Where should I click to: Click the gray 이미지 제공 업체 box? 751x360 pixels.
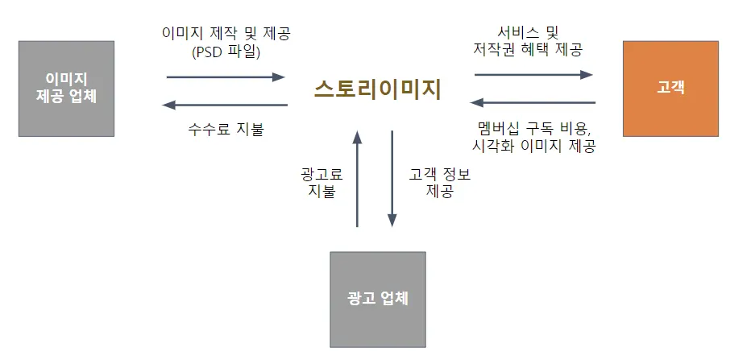click(66, 89)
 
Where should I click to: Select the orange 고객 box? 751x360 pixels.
click(670, 89)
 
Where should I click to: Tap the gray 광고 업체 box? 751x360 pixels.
click(378, 299)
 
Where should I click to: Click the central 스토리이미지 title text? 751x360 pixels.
click(378, 89)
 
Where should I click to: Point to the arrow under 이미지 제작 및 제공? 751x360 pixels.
click(226, 77)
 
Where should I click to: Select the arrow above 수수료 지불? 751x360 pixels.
click(226, 105)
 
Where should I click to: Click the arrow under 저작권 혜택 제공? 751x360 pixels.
click(533, 75)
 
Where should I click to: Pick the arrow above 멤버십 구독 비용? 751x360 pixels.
click(533, 103)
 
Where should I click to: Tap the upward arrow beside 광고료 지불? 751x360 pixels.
click(357, 178)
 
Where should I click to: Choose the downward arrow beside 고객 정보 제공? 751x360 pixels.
click(392, 178)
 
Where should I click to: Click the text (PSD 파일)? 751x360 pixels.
click(226, 53)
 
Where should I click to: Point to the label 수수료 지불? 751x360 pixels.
click(226, 129)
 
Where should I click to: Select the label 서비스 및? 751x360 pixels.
click(529, 33)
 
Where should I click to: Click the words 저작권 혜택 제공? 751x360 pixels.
click(529, 50)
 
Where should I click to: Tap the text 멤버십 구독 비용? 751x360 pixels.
click(533, 129)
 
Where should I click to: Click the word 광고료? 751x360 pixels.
click(320, 173)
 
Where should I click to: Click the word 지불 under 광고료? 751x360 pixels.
click(321, 192)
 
